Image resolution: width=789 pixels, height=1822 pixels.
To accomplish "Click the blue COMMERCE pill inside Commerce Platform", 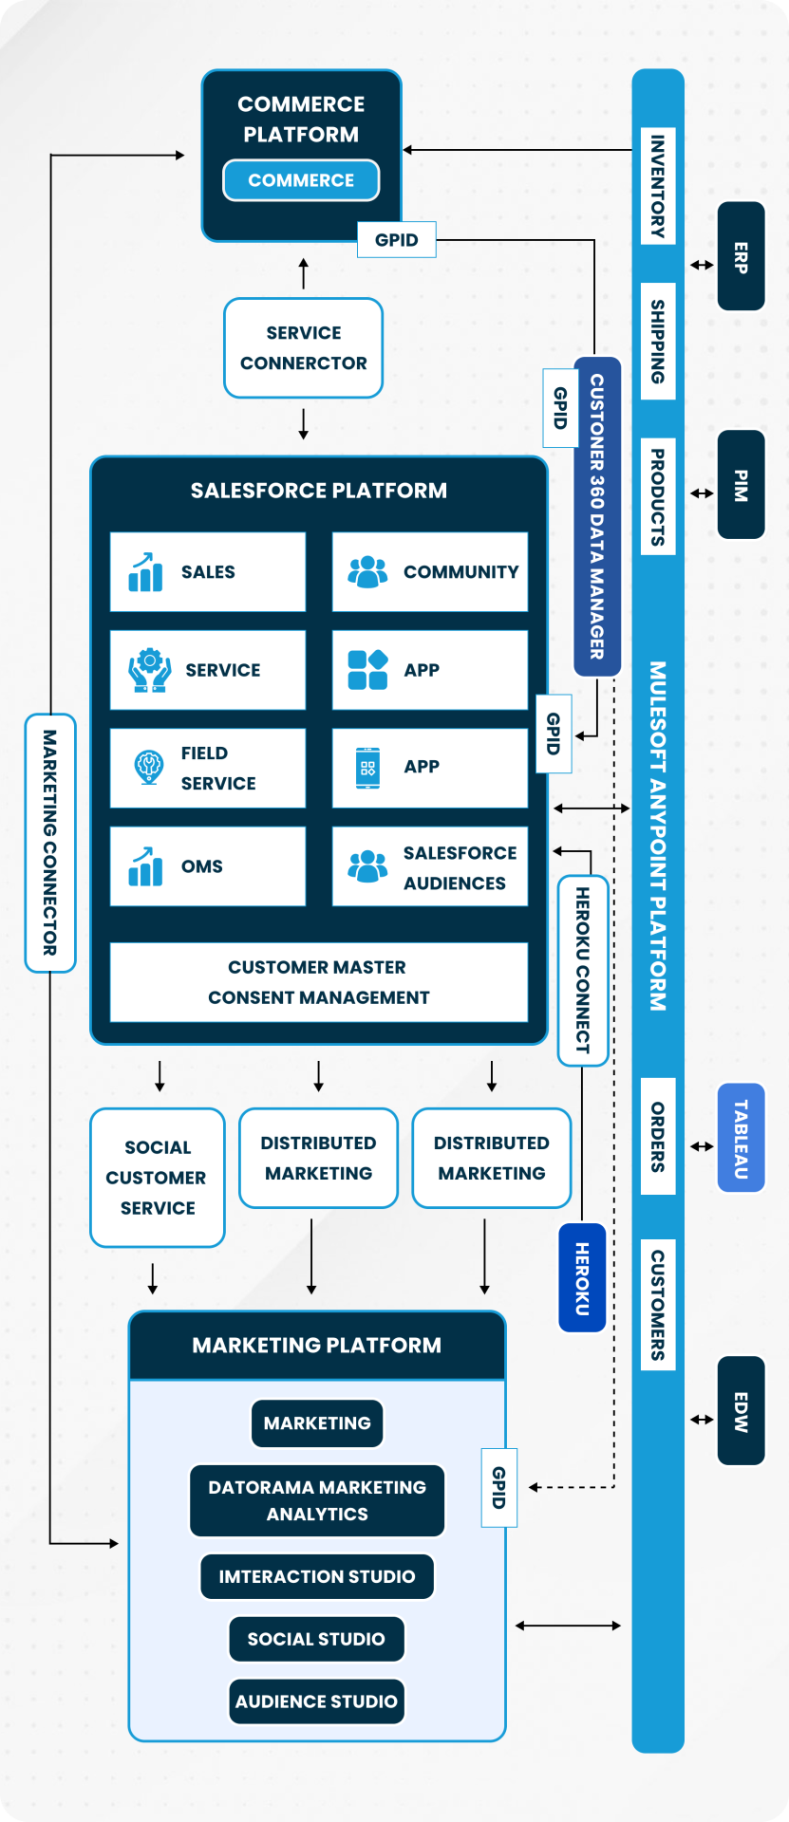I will click(301, 180).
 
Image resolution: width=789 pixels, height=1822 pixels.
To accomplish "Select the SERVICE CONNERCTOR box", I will click(303, 348).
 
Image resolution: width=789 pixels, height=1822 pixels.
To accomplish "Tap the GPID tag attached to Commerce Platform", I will click(397, 240).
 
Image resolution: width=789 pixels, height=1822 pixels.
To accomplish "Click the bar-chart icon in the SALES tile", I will click(145, 572).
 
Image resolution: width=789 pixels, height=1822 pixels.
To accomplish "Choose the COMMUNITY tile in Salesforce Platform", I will click(430, 572).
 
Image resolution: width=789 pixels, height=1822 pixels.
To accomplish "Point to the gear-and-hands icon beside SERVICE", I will click(149, 669).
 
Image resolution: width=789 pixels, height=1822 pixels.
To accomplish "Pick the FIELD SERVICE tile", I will click(208, 768).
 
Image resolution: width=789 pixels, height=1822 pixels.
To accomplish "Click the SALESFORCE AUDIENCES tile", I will click(430, 866).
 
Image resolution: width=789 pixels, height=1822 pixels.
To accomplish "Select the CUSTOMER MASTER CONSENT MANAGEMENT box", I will click(319, 982).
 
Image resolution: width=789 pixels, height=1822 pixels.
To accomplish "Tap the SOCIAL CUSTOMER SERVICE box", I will click(158, 1178).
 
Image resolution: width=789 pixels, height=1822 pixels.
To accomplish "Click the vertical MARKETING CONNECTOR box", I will click(49, 843).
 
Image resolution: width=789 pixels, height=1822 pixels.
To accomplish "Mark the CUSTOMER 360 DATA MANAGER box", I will click(597, 516).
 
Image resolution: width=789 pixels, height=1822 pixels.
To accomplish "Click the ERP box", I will click(741, 256).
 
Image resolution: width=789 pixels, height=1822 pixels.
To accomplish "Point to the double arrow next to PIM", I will click(702, 493).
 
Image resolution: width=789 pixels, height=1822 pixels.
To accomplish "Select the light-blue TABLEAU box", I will click(741, 1138).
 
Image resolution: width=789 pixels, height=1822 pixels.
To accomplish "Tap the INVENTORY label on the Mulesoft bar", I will click(657, 186).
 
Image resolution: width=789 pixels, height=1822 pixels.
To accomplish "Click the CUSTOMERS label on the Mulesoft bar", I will click(657, 1304).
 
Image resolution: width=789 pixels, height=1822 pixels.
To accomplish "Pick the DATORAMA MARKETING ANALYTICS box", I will click(317, 1500).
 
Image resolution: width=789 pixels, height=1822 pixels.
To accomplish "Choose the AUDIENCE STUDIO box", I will click(316, 1701).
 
